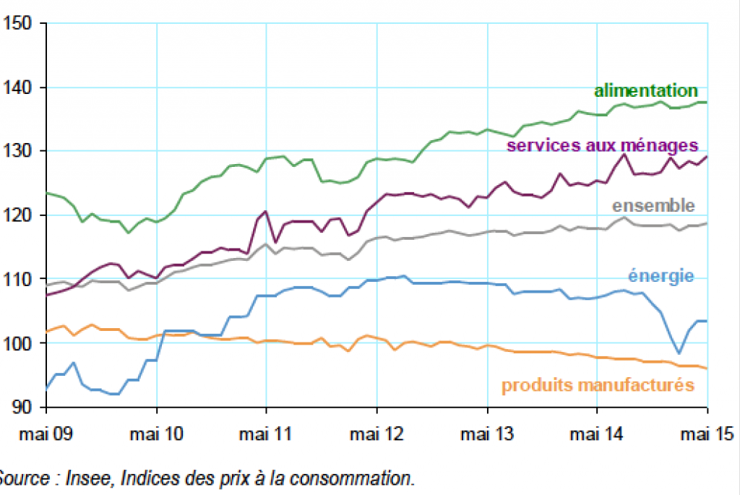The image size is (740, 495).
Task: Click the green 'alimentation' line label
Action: pos(645,91)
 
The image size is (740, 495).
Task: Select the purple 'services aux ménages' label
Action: pos(602,145)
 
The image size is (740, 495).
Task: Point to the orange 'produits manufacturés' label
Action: pos(598,384)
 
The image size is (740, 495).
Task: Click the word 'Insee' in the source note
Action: pos(85,478)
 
